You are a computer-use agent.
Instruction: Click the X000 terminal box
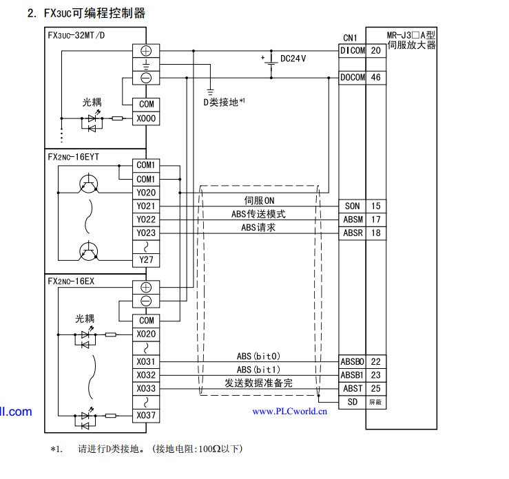coord(146,118)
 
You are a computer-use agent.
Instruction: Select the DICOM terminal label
coord(353,51)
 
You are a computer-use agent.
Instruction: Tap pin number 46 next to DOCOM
coord(375,78)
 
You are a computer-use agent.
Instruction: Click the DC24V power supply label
coord(293,58)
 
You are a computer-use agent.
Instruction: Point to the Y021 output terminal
coord(146,206)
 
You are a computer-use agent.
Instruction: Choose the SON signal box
coord(353,206)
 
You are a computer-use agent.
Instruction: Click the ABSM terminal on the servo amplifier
coord(353,220)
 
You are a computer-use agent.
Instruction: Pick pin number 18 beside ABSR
coord(375,233)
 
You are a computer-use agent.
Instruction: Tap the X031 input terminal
coord(146,361)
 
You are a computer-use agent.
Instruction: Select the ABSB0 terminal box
coord(353,361)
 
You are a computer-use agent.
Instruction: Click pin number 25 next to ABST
coord(375,389)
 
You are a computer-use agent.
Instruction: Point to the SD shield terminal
coord(353,402)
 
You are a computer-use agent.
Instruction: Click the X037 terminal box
coord(146,416)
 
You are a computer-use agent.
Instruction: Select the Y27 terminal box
coord(146,259)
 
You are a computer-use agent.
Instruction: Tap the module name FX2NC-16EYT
coord(74,157)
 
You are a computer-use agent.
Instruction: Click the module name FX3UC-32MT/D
coord(76,35)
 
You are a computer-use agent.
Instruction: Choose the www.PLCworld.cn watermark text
coord(289,412)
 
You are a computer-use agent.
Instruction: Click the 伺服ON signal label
coord(259,200)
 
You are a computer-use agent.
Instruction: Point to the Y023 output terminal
coord(146,233)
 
